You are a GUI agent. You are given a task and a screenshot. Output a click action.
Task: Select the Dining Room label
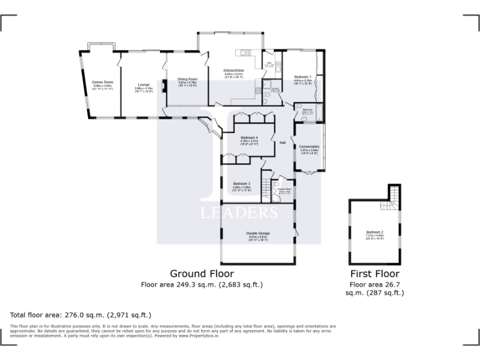click(x=187, y=79)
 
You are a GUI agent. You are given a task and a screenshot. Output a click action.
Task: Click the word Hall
click(x=282, y=143)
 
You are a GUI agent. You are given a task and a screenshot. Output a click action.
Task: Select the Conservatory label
click(x=309, y=147)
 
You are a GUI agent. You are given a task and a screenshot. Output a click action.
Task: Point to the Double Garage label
click(x=258, y=233)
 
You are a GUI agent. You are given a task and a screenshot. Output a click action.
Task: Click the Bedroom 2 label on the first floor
click(x=375, y=232)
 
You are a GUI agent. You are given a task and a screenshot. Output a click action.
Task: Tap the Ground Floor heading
click(x=202, y=274)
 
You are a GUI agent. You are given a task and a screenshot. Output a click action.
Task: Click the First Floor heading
click(x=374, y=274)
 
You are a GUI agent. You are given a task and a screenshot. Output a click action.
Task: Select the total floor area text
click(x=81, y=314)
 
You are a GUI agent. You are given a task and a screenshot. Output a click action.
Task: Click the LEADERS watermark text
click(x=239, y=213)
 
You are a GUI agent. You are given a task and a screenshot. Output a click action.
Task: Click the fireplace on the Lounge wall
click(x=164, y=86)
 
